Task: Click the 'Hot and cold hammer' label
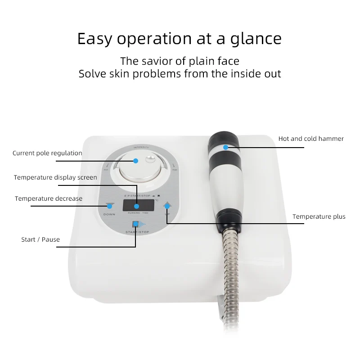click(311, 139)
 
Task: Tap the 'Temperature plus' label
click(319, 217)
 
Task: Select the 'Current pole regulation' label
click(47, 153)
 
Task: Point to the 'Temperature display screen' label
click(55, 177)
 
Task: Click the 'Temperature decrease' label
click(49, 198)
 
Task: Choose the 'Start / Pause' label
click(40, 239)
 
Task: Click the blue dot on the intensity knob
click(135, 161)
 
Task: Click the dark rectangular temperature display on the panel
click(137, 205)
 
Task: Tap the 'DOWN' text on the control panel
click(109, 214)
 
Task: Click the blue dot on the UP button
click(167, 206)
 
